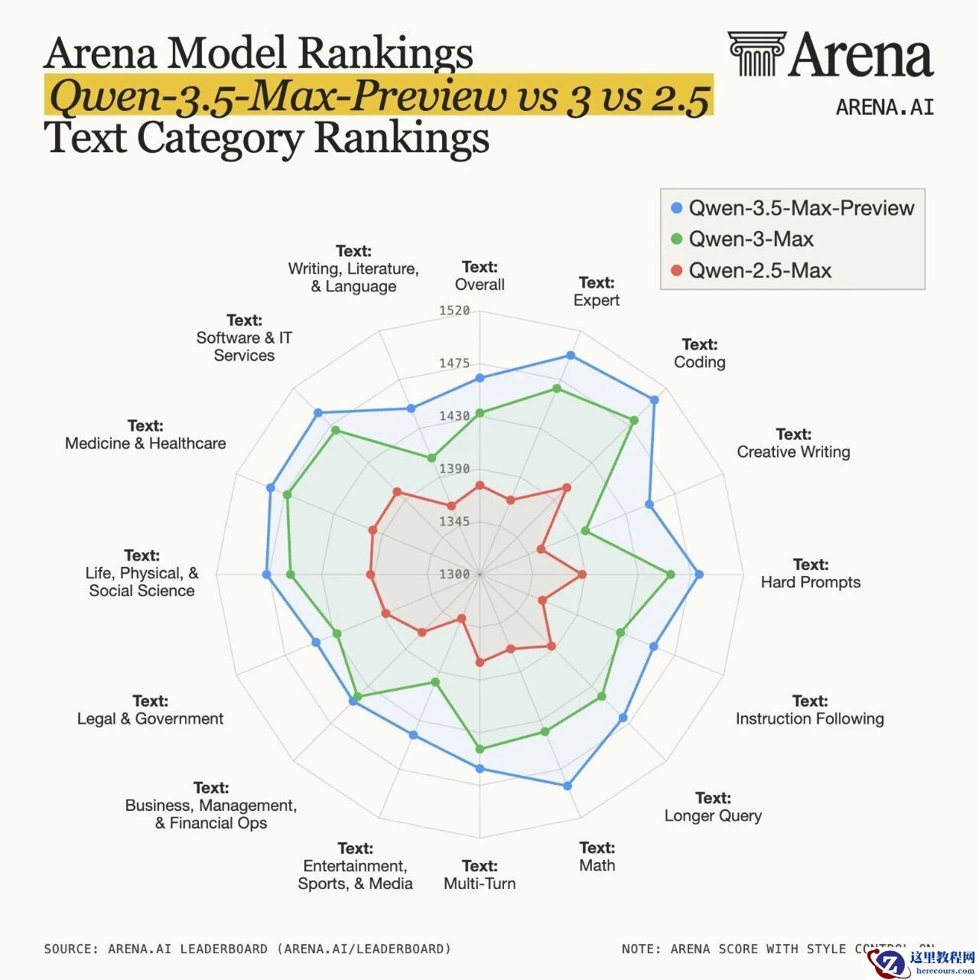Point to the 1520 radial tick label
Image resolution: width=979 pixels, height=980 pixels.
click(x=454, y=311)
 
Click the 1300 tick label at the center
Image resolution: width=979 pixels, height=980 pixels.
click(x=454, y=574)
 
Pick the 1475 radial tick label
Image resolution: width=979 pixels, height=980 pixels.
click(x=454, y=363)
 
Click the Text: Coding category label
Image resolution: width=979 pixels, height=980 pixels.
click(x=699, y=353)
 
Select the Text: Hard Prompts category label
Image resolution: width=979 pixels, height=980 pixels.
click(x=810, y=574)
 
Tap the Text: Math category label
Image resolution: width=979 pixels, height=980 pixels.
click(x=597, y=857)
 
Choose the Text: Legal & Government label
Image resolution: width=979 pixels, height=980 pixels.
click(x=151, y=710)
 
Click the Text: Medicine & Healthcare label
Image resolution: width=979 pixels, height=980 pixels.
click(x=145, y=435)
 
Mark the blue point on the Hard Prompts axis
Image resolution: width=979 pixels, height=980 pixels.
click(x=698, y=574)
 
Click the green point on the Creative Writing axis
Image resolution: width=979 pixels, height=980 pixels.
click(x=585, y=530)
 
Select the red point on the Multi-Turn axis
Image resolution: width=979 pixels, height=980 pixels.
click(x=480, y=663)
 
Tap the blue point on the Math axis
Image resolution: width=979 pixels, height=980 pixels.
click(x=568, y=786)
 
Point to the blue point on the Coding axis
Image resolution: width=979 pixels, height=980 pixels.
click(x=654, y=399)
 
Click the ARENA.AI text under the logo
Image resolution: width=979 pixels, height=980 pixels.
click(x=885, y=108)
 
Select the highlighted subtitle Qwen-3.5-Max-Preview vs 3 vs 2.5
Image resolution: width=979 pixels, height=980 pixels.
click(x=379, y=96)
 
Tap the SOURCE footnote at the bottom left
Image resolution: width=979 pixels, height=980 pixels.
click(x=247, y=949)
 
